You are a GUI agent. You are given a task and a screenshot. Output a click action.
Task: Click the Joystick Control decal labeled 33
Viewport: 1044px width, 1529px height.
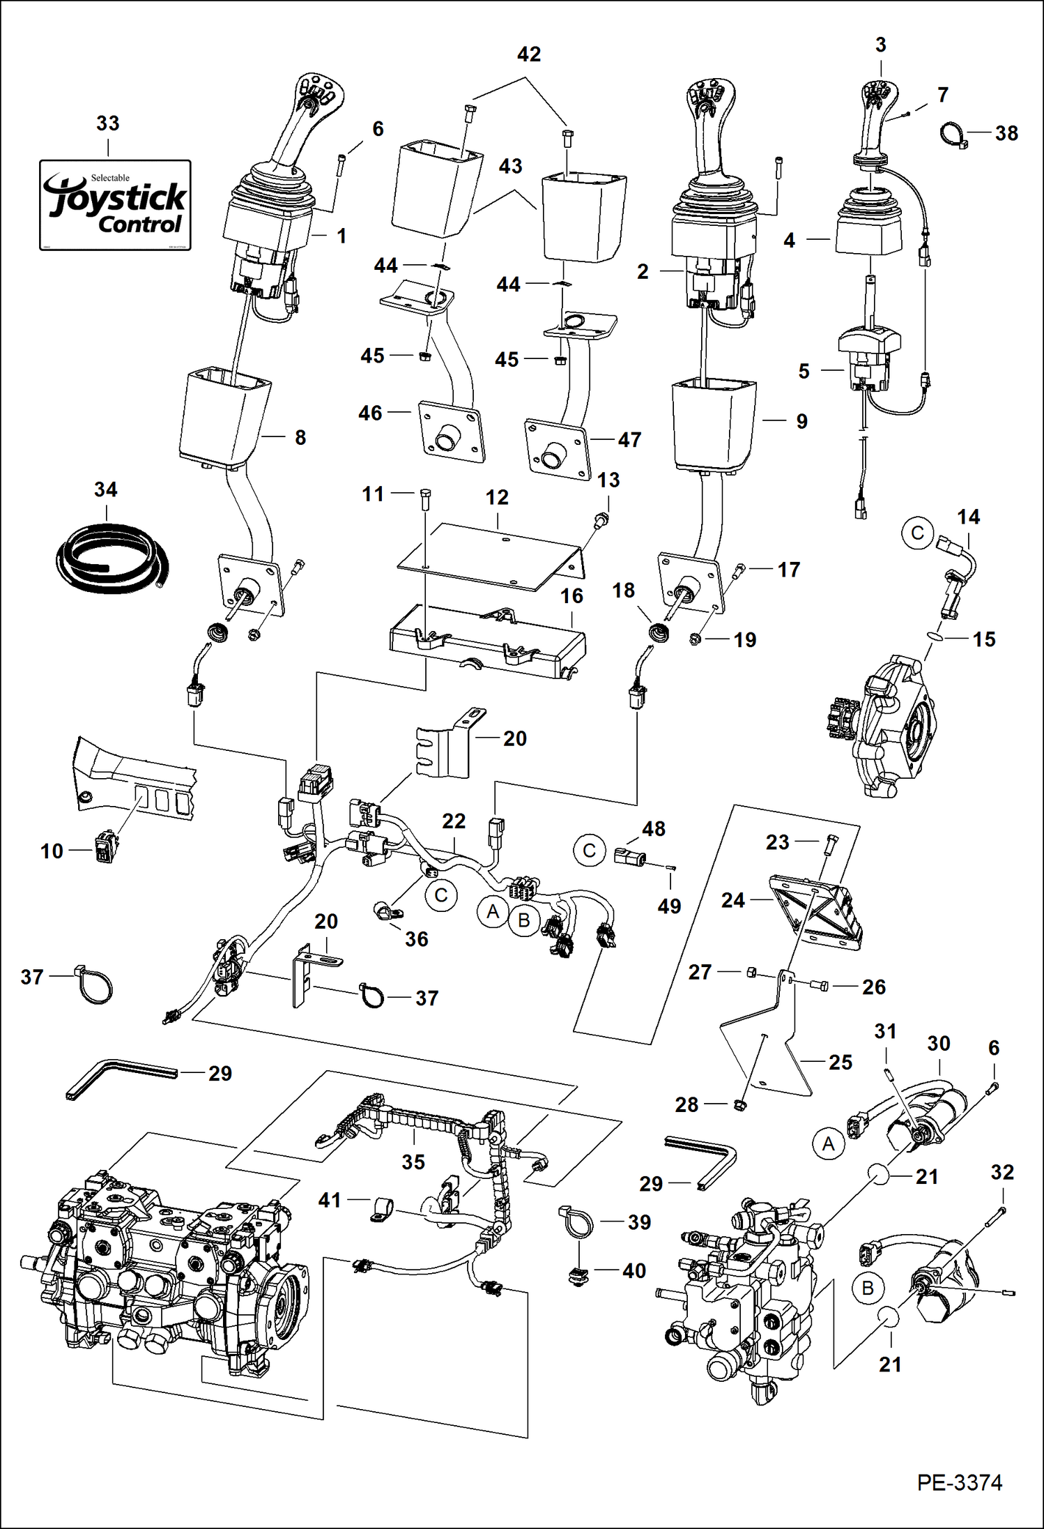[115, 205]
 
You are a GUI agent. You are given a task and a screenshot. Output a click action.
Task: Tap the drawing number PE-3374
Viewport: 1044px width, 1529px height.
[959, 1482]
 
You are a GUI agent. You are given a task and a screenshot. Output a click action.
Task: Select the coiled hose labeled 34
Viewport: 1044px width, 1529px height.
[109, 558]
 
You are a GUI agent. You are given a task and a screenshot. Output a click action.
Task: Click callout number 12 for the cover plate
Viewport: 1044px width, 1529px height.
[497, 498]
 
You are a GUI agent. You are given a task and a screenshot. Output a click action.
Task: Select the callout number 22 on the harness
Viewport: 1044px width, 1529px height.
[454, 821]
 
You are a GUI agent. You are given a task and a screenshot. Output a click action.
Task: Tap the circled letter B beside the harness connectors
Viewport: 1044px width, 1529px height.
[524, 920]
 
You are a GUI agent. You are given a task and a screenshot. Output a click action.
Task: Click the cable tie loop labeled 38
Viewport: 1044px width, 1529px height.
[953, 134]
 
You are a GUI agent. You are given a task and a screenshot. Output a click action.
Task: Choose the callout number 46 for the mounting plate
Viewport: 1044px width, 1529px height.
[370, 413]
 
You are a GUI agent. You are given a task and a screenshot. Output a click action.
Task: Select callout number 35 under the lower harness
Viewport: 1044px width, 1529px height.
[413, 1162]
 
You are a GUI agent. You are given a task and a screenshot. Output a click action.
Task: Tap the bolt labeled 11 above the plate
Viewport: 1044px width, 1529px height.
[427, 499]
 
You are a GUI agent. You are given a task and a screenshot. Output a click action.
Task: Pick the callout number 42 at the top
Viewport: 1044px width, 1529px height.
[529, 54]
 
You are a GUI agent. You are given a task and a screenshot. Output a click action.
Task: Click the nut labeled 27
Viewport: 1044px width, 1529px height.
[752, 972]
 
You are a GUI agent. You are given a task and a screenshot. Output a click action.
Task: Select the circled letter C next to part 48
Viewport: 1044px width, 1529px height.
[589, 851]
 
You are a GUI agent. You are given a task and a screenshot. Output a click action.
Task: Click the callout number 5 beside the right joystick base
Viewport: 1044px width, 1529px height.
[804, 371]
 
